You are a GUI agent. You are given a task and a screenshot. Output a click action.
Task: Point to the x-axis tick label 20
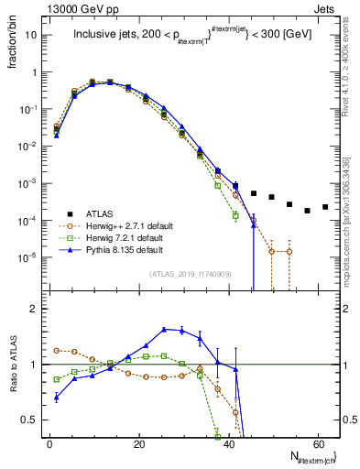pos(138,442)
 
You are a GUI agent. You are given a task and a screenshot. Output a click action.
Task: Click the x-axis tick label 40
pos(227,442)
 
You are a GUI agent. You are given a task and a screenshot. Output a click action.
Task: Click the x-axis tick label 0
pos(49,442)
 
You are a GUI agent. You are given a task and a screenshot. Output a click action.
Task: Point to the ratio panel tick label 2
pos(34,309)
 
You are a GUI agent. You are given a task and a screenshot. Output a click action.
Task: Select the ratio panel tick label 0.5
pos(29,420)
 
